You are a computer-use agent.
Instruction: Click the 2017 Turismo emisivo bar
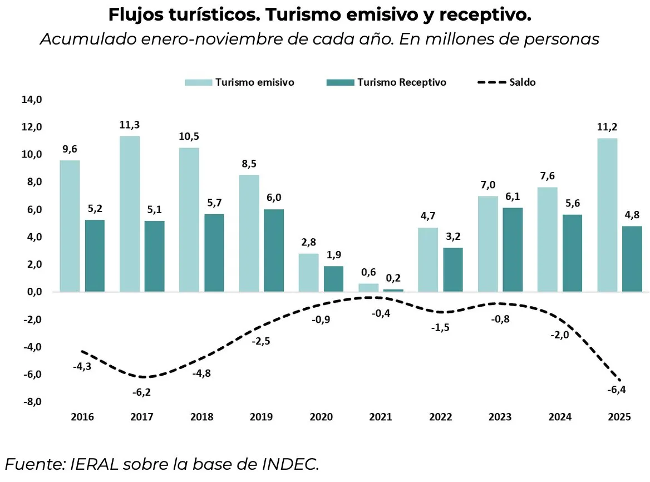click(x=130, y=214)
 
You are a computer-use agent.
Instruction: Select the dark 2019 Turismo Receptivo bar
click(x=274, y=250)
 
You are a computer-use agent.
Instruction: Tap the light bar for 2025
click(x=607, y=215)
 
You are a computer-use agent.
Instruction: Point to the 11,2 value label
click(x=607, y=127)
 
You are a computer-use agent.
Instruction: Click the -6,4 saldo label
click(x=617, y=390)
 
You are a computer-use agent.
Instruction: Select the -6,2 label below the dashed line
click(x=141, y=392)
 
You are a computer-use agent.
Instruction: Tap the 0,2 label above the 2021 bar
click(x=393, y=278)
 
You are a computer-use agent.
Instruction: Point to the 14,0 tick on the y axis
click(x=32, y=100)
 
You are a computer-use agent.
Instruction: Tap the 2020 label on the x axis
click(x=321, y=417)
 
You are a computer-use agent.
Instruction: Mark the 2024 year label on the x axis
click(x=559, y=417)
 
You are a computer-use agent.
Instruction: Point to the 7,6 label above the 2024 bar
click(x=548, y=176)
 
